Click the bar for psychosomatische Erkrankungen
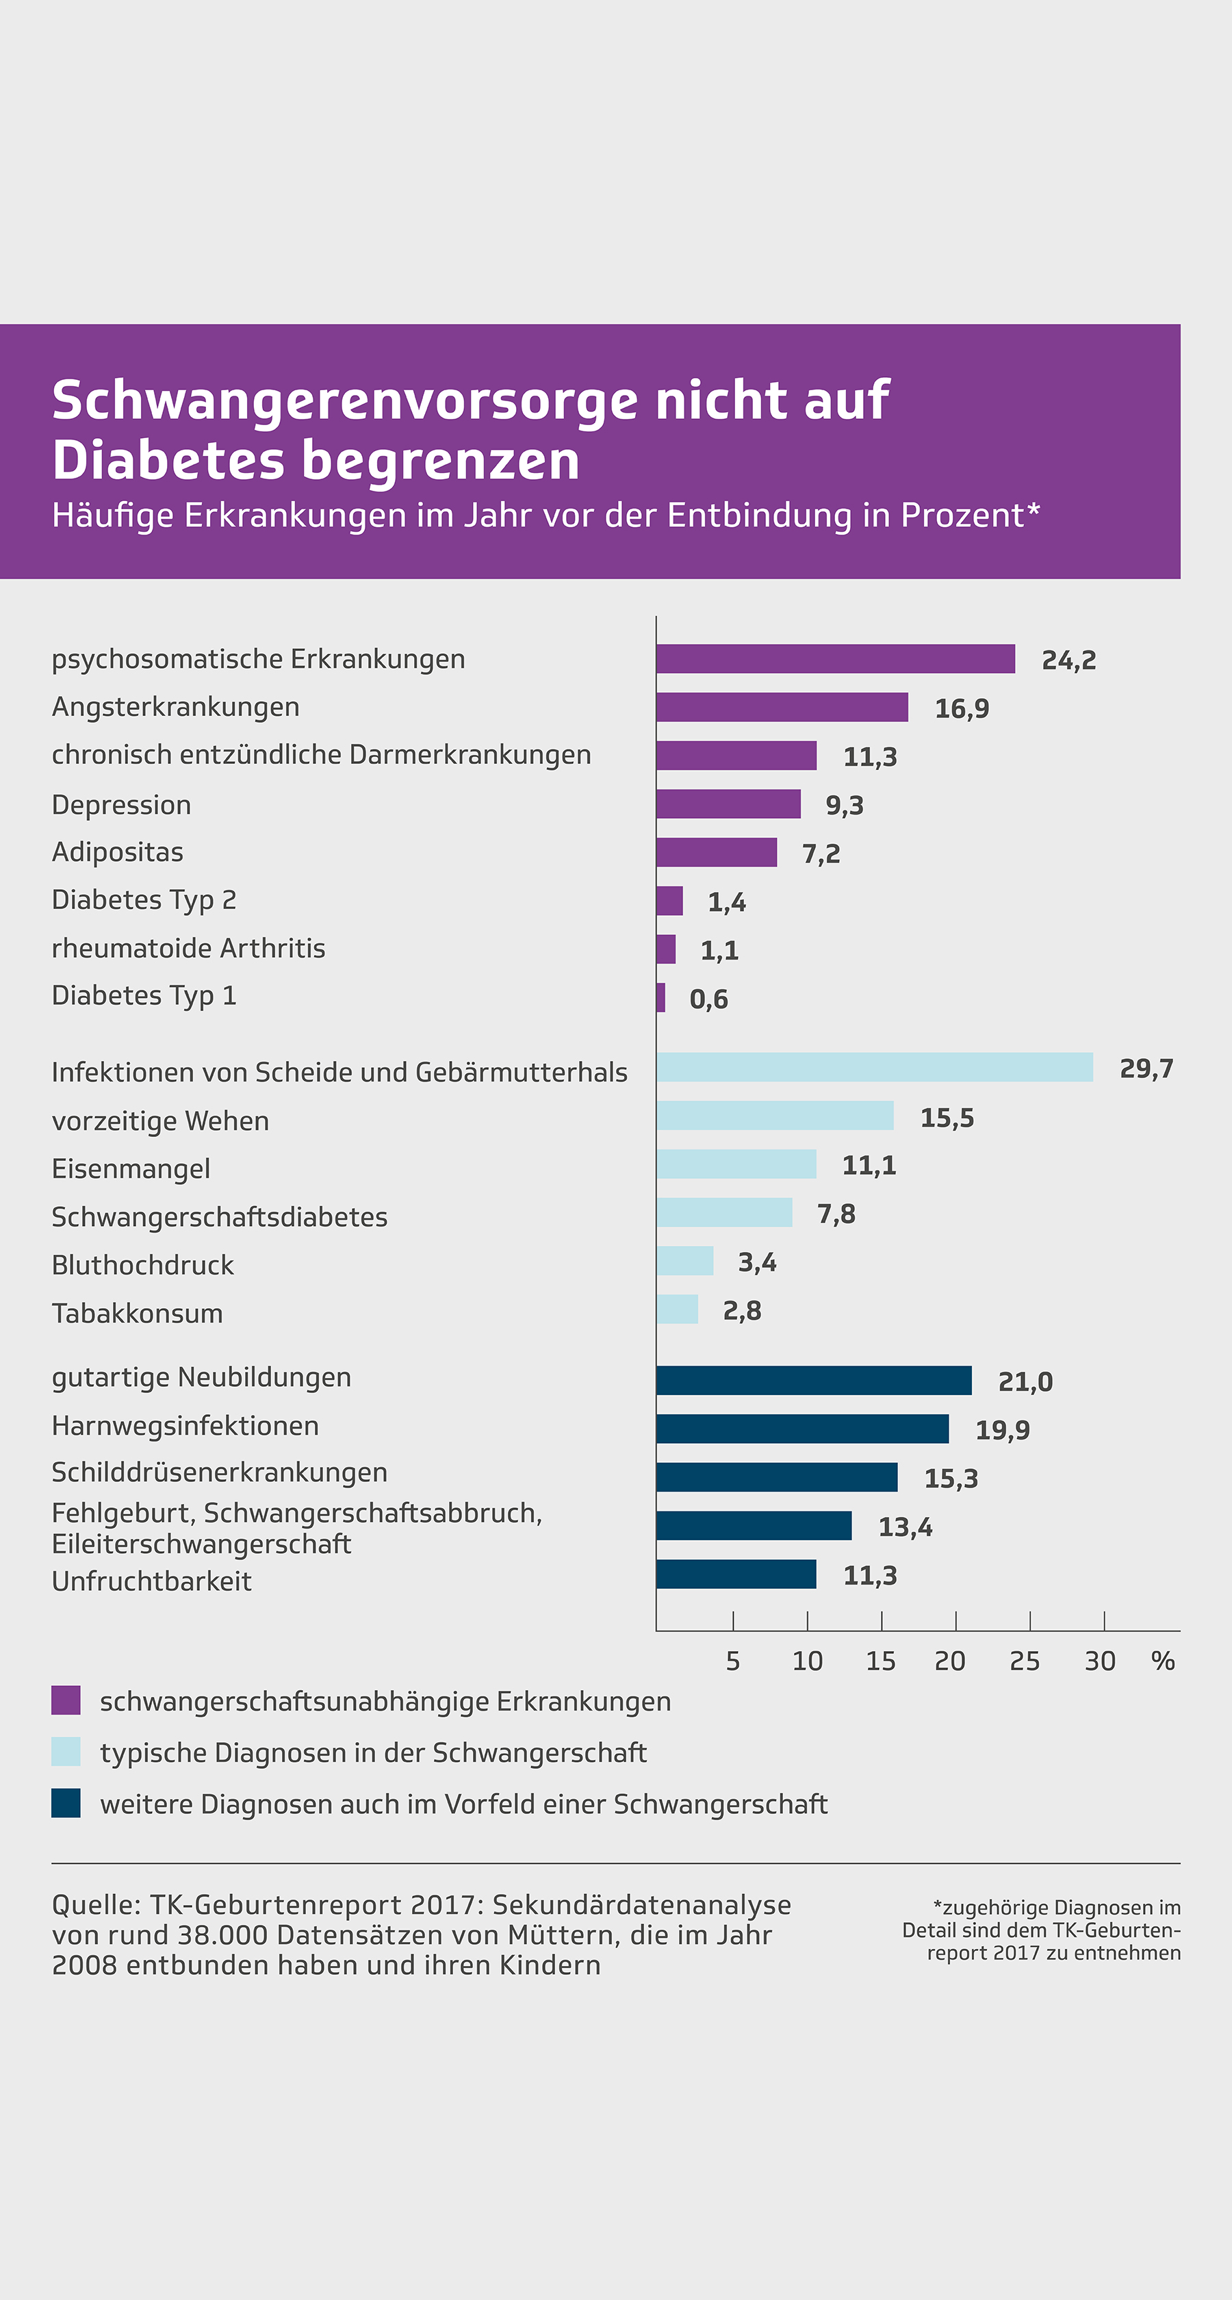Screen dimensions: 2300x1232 click(x=835, y=659)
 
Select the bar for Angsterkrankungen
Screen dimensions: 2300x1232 click(x=781, y=707)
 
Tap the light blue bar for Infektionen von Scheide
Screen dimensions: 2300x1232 click(x=874, y=1067)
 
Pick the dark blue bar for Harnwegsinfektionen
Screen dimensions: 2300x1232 click(x=801, y=1429)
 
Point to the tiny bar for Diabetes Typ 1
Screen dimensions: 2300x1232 click(x=660, y=997)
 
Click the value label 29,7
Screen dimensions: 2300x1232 click(x=1146, y=1069)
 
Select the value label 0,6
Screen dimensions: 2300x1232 click(x=709, y=999)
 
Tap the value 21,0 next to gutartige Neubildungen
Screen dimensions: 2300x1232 click(x=1025, y=1382)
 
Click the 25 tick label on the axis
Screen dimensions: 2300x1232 click(x=1024, y=1661)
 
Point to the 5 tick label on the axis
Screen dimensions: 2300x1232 click(x=733, y=1661)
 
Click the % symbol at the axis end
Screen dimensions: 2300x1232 click(x=1162, y=1661)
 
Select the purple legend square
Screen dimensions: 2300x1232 click(x=66, y=1700)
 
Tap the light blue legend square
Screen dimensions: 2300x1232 click(x=66, y=1752)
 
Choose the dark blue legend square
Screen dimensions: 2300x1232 click(x=66, y=1802)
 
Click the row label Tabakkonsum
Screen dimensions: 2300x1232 click(x=138, y=1314)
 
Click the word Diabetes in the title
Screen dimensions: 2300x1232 click(x=168, y=461)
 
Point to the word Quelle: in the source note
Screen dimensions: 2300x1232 click(x=97, y=1904)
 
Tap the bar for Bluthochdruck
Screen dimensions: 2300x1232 click(x=684, y=1261)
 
